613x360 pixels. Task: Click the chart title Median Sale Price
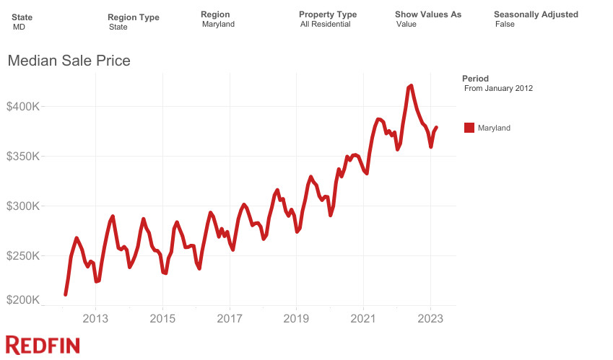click(x=69, y=61)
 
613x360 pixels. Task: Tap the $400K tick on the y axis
click(x=26, y=107)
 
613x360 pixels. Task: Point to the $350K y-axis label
click(x=26, y=157)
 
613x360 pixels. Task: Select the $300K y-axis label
click(x=26, y=206)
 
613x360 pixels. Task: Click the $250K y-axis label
click(x=26, y=256)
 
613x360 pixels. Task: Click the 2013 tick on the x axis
click(x=95, y=317)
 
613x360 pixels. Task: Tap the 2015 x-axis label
click(x=162, y=317)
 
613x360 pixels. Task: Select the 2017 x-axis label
click(x=230, y=317)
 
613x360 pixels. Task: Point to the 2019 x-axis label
click(x=296, y=317)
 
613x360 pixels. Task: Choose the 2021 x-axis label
click(x=363, y=317)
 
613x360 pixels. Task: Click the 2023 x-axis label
click(x=430, y=317)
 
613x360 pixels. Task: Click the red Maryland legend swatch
click(x=469, y=128)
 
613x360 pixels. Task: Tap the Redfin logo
click(x=43, y=345)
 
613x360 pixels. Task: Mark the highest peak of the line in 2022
click(x=411, y=86)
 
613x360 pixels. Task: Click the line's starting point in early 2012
click(x=66, y=294)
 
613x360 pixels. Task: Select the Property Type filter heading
click(x=327, y=14)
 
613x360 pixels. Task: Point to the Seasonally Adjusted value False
click(x=505, y=25)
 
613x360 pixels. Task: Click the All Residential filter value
click(x=325, y=25)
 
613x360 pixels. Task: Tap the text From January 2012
click(x=498, y=88)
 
